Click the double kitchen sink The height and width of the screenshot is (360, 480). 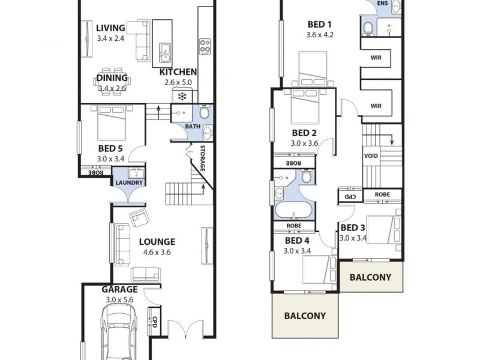click(164, 54)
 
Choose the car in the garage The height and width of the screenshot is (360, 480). click(118, 333)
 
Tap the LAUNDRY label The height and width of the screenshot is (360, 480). click(128, 183)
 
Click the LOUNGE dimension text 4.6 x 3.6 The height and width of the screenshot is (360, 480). click(157, 252)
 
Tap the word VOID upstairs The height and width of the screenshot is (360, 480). click(371, 155)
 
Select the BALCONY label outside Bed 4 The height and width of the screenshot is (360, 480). click(305, 316)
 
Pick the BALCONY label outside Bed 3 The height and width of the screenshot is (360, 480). click(370, 277)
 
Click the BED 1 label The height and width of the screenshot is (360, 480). click(319, 25)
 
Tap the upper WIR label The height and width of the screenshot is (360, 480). click(376, 58)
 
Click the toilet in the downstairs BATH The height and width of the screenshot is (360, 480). click(204, 112)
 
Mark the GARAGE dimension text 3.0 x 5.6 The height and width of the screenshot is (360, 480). click(120, 299)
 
